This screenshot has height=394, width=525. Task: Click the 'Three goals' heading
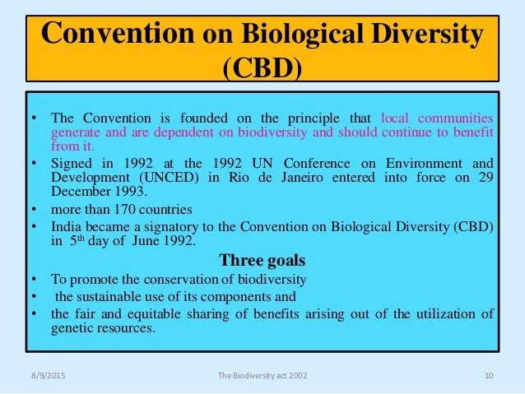click(x=262, y=261)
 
